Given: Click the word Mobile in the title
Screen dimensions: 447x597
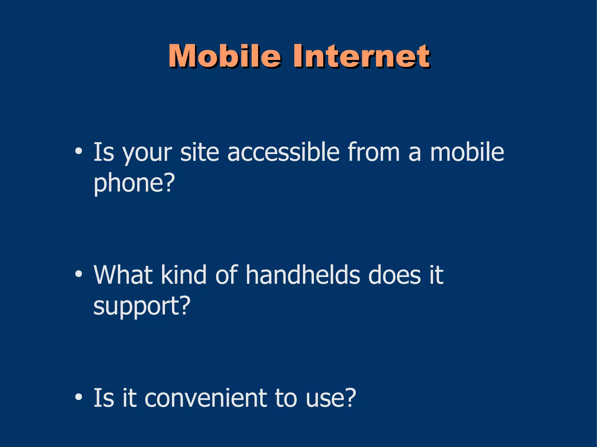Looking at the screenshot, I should (224, 56).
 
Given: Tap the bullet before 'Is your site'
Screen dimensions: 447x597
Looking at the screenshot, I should (78, 151).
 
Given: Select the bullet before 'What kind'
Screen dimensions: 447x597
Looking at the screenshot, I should (78, 274).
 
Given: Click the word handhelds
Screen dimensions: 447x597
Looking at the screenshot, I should (303, 275).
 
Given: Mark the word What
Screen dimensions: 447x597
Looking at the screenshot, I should (123, 275).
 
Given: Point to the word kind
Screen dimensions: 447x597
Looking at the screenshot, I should (184, 275).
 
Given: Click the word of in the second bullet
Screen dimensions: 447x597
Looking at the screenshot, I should (226, 275).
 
